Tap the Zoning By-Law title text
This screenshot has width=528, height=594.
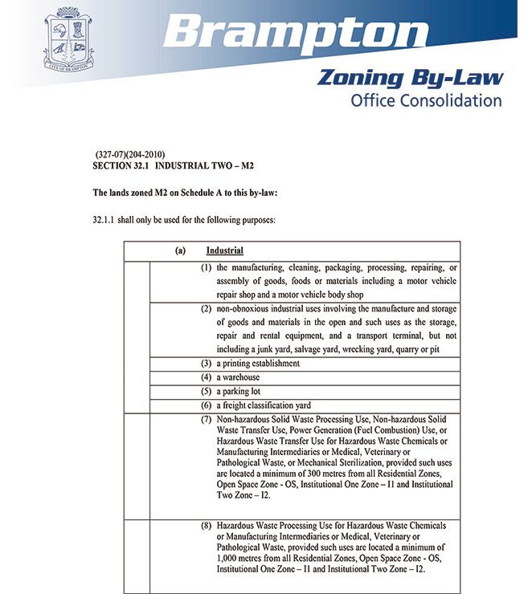[410, 78]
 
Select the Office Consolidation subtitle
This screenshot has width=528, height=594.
[426, 100]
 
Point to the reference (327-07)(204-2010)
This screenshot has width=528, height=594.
[130, 154]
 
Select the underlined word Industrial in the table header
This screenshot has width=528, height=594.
[225, 250]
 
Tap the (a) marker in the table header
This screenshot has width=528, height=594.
[181, 250]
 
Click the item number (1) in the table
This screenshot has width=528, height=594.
[207, 267]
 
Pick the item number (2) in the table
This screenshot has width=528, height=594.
[207, 309]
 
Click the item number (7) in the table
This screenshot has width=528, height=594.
[207, 420]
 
